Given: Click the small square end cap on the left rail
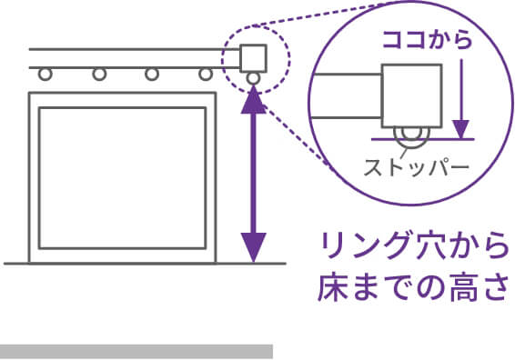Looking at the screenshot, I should [252, 57].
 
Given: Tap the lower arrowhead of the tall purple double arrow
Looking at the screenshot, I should [253, 245].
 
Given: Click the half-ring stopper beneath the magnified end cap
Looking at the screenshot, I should [410, 138].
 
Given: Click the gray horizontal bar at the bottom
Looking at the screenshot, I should [136, 351].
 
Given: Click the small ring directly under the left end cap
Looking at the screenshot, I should [252, 78].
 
